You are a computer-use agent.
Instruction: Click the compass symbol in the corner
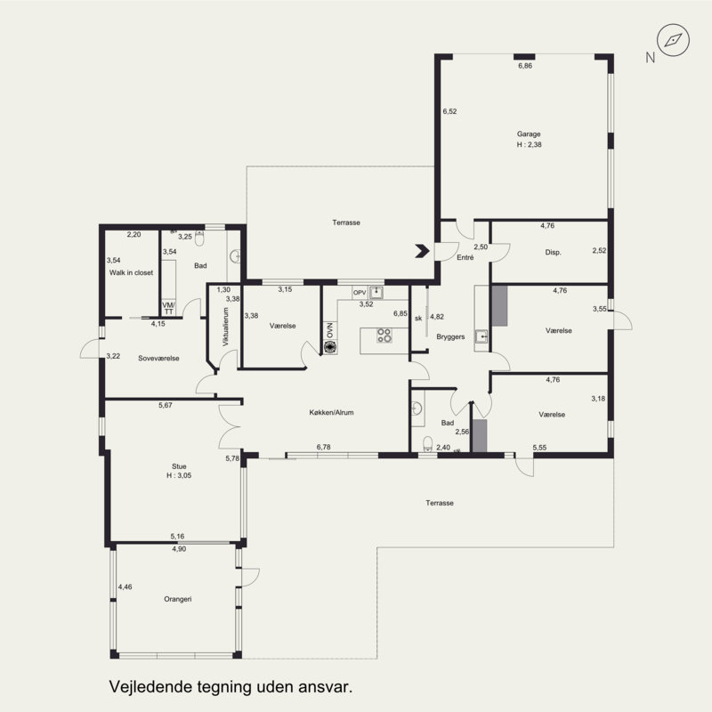(674, 40)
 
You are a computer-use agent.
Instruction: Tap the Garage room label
(529, 134)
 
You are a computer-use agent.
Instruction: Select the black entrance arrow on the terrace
(422, 251)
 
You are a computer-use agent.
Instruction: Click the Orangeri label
(177, 599)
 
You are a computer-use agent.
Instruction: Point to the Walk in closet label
(131, 273)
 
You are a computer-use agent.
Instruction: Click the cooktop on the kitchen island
(384, 336)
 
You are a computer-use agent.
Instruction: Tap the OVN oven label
(329, 330)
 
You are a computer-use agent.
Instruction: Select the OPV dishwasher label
(360, 293)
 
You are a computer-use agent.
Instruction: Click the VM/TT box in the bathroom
(168, 308)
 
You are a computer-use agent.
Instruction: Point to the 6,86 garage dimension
(525, 66)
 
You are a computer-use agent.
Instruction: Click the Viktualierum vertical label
(226, 327)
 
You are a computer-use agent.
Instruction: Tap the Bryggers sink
(481, 336)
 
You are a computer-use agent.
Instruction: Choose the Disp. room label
(553, 253)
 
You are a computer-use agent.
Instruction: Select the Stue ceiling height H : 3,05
(179, 475)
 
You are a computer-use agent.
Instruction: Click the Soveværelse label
(158, 359)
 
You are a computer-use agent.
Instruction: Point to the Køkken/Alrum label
(331, 413)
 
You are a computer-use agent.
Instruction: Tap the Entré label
(465, 257)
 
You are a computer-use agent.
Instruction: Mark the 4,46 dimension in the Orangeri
(125, 587)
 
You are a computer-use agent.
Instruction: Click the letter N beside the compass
(651, 58)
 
